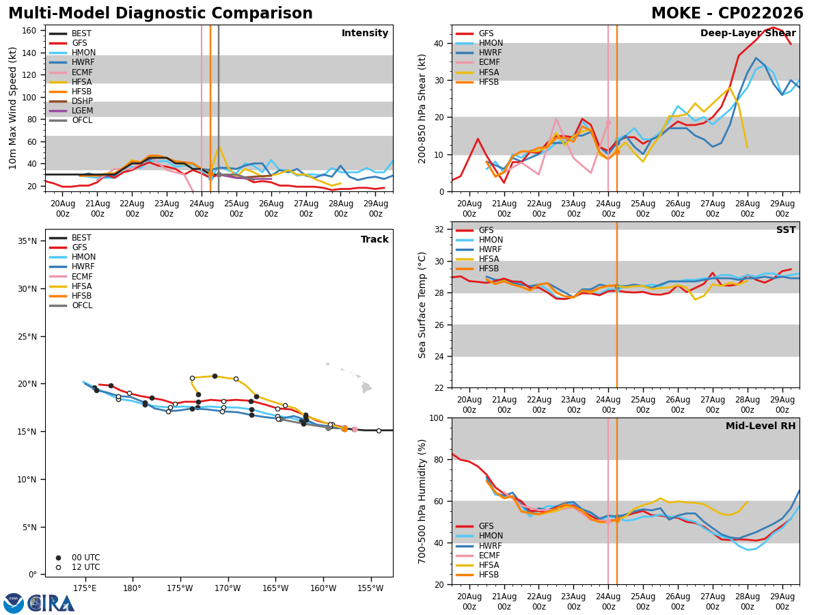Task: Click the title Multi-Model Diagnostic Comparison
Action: click(x=161, y=13)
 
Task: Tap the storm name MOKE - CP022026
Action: click(x=727, y=13)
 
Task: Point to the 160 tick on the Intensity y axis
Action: click(x=29, y=31)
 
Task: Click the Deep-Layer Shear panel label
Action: click(x=748, y=33)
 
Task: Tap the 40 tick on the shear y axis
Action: click(x=439, y=43)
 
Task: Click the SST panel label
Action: click(x=786, y=230)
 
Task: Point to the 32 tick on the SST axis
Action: click(x=439, y=230)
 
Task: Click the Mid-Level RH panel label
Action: click(x=761, y=426)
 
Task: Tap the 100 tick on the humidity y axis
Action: click(x=436, y=418)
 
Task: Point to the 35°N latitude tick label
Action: click(x=27, y=241)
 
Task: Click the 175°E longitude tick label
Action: click(x=85, y=588)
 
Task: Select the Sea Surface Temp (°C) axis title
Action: click(x=422, y=305)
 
